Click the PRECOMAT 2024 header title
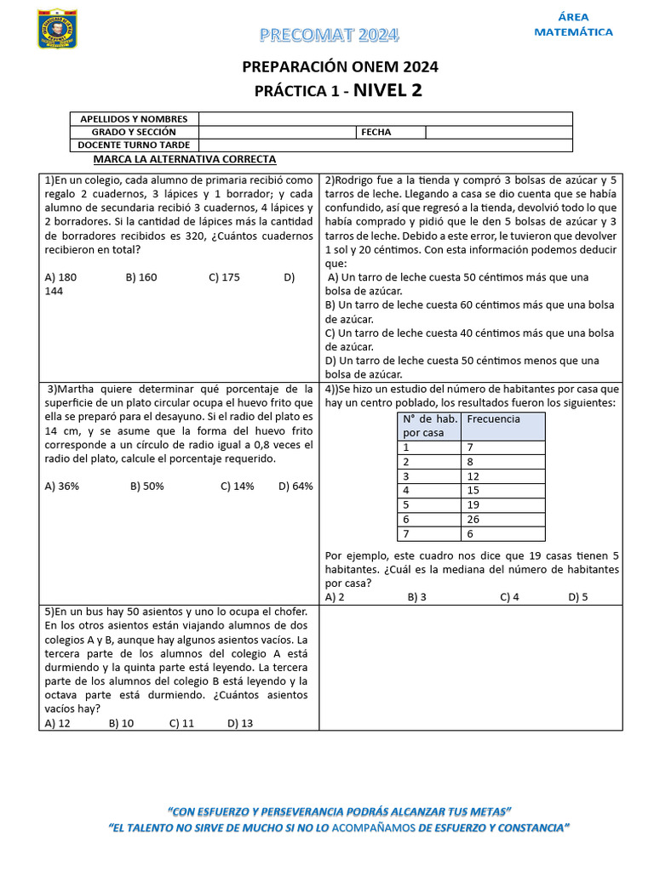point(329,35)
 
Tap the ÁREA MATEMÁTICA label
point(573,25)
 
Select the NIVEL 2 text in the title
point(387,90)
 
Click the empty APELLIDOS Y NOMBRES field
point(385,119)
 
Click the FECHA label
point(376,132)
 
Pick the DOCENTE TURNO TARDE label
point(134,145)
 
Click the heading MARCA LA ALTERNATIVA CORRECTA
point(185,159)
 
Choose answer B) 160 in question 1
point(141,277)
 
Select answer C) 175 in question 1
point(224,277)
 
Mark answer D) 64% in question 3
point(295,487)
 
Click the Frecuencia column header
point(493,419)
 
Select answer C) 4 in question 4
point(509,597)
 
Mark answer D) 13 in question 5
point(240,723)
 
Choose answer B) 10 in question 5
point(122,723)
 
